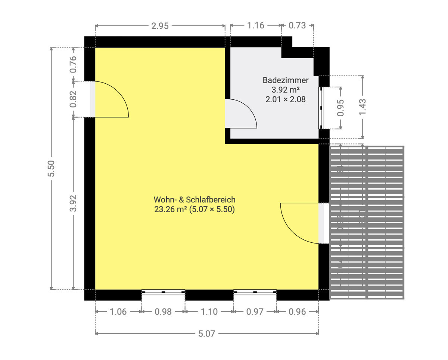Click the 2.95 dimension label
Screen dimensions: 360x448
[160, 26]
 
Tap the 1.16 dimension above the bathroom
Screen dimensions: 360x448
[256, 26]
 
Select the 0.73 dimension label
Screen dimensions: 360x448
[297, 26]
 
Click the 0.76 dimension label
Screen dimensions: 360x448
[73, 64]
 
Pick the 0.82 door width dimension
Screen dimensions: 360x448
[73, 99]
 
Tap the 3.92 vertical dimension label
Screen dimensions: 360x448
[73, 203]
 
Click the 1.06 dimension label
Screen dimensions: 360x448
[118, 311]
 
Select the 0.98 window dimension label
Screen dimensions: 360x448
[163, 311]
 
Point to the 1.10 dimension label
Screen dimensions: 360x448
[209, 311]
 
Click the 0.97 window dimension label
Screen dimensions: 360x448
[255, 311]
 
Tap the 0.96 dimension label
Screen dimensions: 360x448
[297, 311]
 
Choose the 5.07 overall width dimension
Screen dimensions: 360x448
[207, 333]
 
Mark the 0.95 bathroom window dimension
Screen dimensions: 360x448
[340, 108]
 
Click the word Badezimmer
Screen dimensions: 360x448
[286, 80]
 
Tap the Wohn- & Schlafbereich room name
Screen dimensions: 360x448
[194, 199]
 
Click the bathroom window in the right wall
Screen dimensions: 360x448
[321, 108]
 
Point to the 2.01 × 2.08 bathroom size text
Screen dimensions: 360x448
[286, 99]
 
